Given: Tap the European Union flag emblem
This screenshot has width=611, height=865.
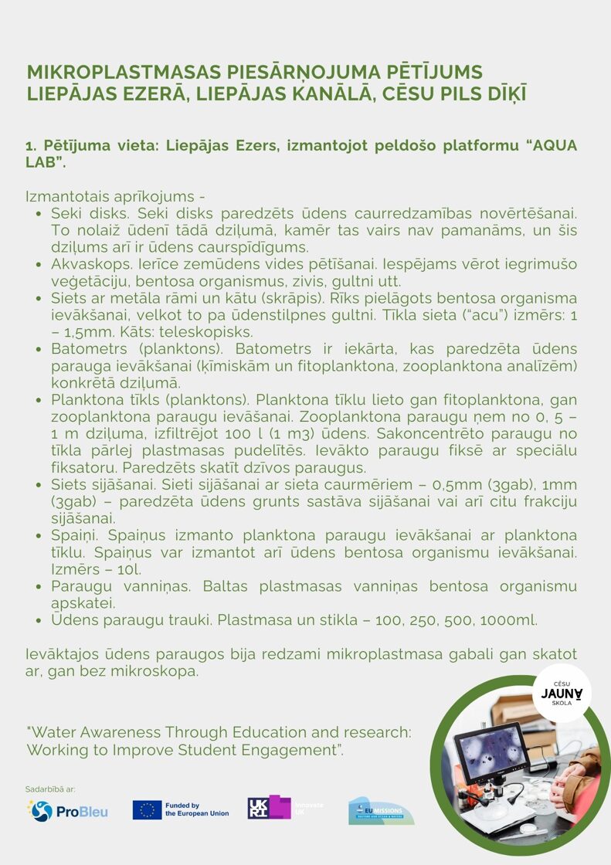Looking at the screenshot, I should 147,809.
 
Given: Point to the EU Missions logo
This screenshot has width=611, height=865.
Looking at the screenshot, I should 381,811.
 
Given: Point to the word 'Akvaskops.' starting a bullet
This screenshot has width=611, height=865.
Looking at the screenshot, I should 83,264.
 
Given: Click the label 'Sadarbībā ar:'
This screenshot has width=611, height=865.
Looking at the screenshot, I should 50,789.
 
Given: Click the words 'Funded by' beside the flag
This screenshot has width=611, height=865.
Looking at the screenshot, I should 182,806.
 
